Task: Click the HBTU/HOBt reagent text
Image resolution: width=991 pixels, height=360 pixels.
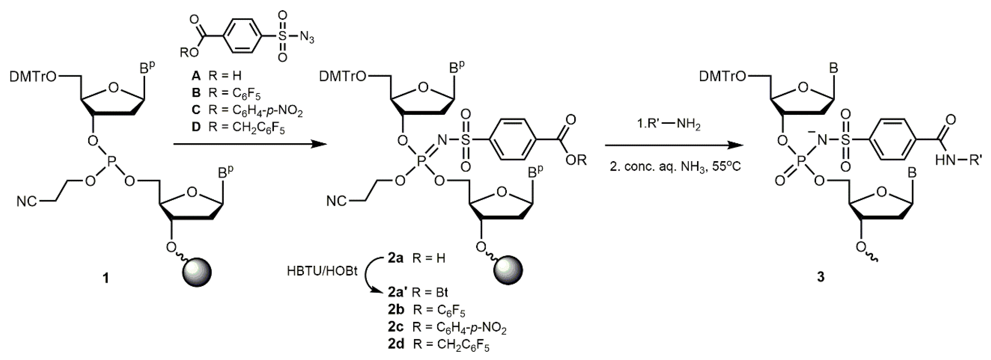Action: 322,272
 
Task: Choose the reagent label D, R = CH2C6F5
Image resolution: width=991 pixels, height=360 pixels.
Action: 238,127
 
